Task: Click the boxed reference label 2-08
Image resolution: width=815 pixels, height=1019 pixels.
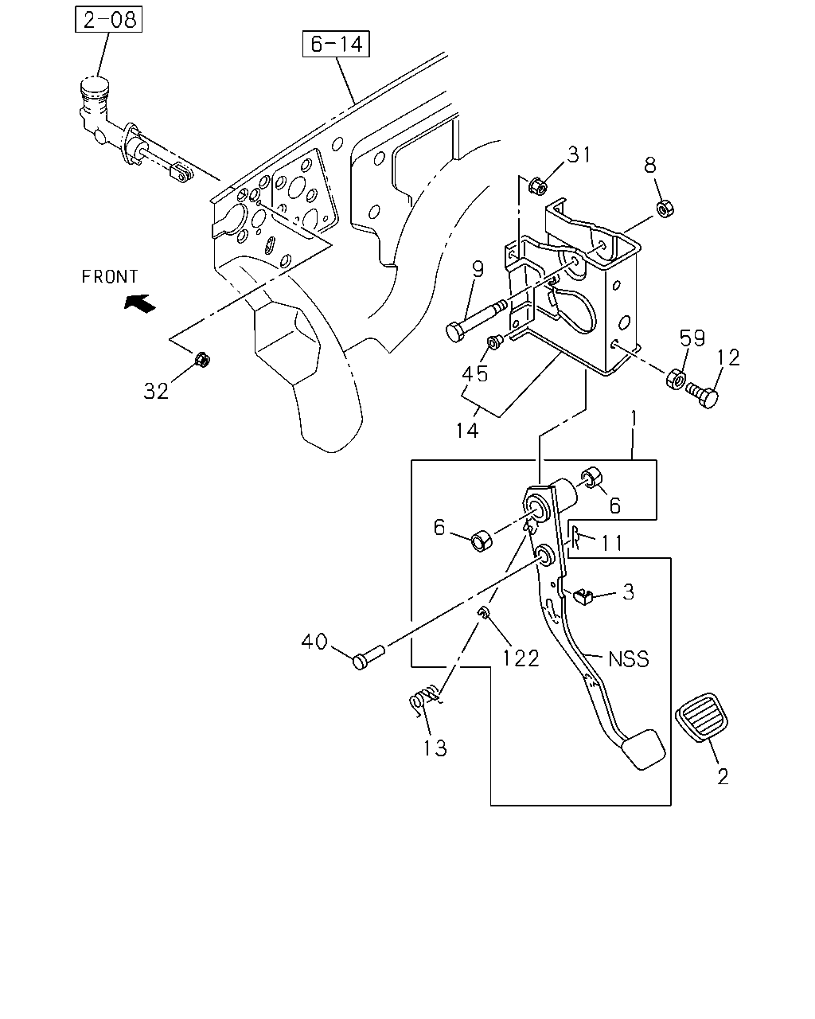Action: click(x=108, y=19)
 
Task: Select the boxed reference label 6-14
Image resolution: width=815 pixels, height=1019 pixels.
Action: click(x=336, y=44)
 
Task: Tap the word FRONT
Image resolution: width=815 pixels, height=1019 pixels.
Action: click(x=109, y=276)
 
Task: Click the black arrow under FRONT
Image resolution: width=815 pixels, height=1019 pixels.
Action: click(x=140, y=303)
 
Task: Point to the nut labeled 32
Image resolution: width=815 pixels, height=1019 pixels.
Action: click(x=202, y=359)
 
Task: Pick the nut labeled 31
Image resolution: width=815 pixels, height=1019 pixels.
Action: click(x=537, y=185)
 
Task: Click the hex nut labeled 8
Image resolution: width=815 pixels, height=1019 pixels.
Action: click(x=665, y=209)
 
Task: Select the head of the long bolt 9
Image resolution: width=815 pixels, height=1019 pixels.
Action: click(x=455, y=332)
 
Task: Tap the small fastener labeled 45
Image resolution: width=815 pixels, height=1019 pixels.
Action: click(x=495, y=342)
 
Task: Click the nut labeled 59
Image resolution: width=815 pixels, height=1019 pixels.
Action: click(x=676, y=379)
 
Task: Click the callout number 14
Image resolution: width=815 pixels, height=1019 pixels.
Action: click(x=467, y=430)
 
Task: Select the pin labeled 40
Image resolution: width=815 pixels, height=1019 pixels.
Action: click(x=369, y=657)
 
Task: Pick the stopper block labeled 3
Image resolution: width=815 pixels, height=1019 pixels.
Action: click(x=583, y=596)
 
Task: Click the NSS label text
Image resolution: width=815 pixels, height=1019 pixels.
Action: click(x=628, y=659)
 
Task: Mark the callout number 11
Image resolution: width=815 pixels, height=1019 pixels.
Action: click(x=612, y=543)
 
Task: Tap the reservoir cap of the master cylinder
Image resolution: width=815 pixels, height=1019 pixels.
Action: click(x=95, y=86)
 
